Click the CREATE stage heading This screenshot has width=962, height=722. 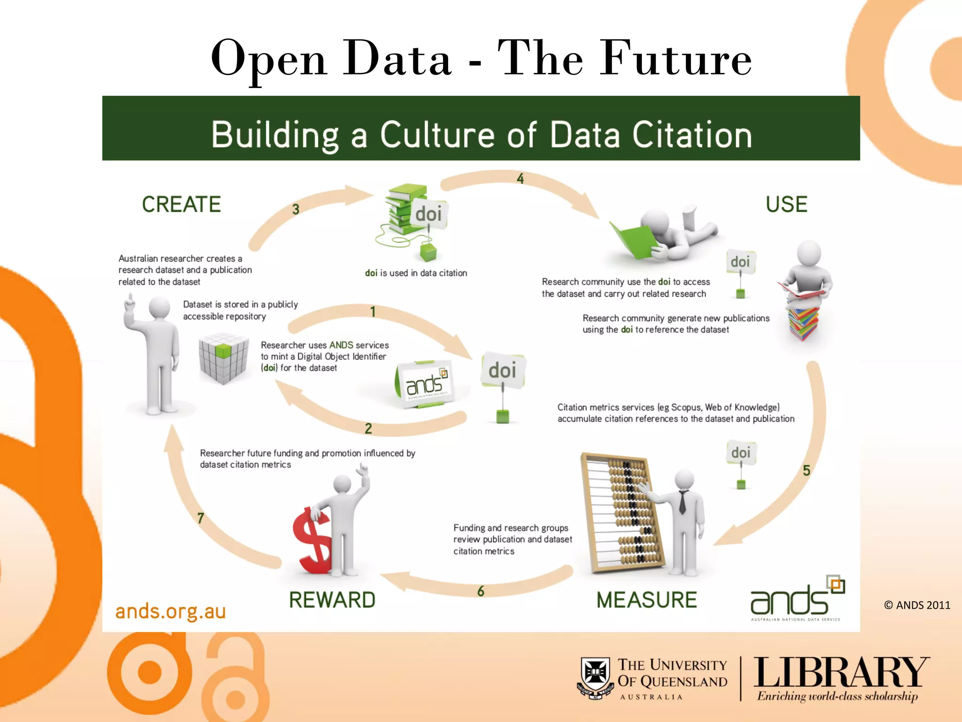pyautogui.click(x=181, y=204)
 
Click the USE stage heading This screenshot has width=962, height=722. pyautogui.click(x=786, y=204)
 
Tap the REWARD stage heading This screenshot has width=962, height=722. pyautogui.click(x=332, y=600)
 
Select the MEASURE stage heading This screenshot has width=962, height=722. pyautogui.click(x=646, y=600)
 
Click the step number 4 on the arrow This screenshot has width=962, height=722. pyautogui.click(x=520, y=179)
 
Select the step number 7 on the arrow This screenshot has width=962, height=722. pyautogui.click(x=201, y=518)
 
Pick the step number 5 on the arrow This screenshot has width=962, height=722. pyautogui.click(x=806, y=471)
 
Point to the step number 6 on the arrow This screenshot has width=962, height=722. pyautogui.click(x=481, y=591)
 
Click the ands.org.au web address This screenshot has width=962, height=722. pyautogui.click(x=171, y=612)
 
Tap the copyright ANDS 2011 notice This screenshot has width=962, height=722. pyautogui.click(x=917, y=605)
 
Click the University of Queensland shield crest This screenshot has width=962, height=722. pyautogui.click(x=595, y=677)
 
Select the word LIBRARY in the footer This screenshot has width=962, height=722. pyautogui.click(x=841, y=673)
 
